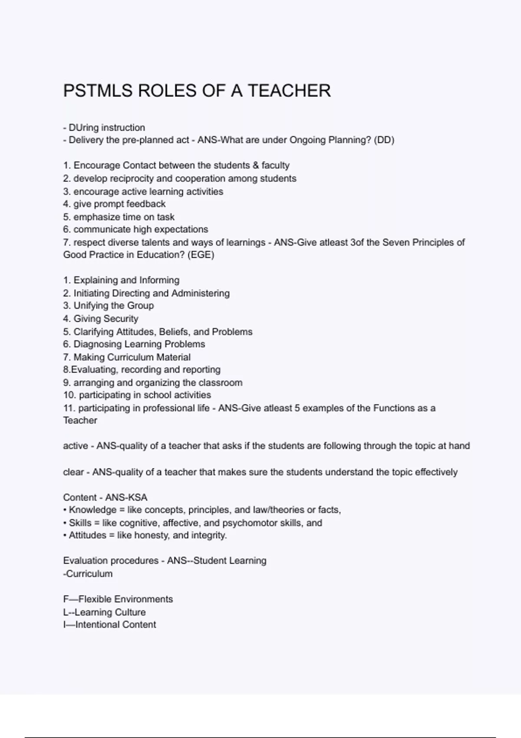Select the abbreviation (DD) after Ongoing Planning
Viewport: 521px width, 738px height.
(384, 140)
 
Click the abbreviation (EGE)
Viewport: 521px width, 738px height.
(201, 255)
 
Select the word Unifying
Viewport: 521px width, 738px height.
(91, 306)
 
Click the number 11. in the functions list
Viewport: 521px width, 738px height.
(69, 408)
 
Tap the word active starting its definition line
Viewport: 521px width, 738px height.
(76, 446)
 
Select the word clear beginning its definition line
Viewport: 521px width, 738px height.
(73, 472)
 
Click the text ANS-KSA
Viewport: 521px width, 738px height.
(126, 497)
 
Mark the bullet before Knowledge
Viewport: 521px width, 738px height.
(65, 510)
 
